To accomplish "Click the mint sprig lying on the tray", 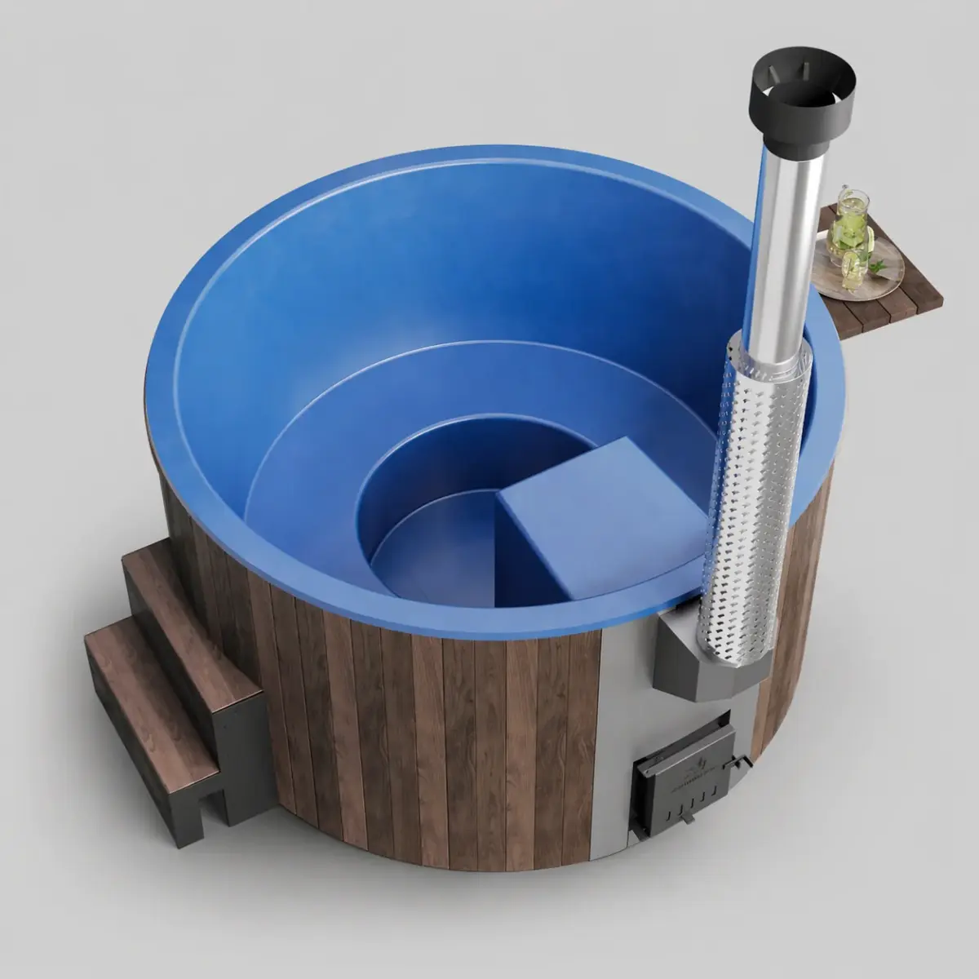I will point(879,266).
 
